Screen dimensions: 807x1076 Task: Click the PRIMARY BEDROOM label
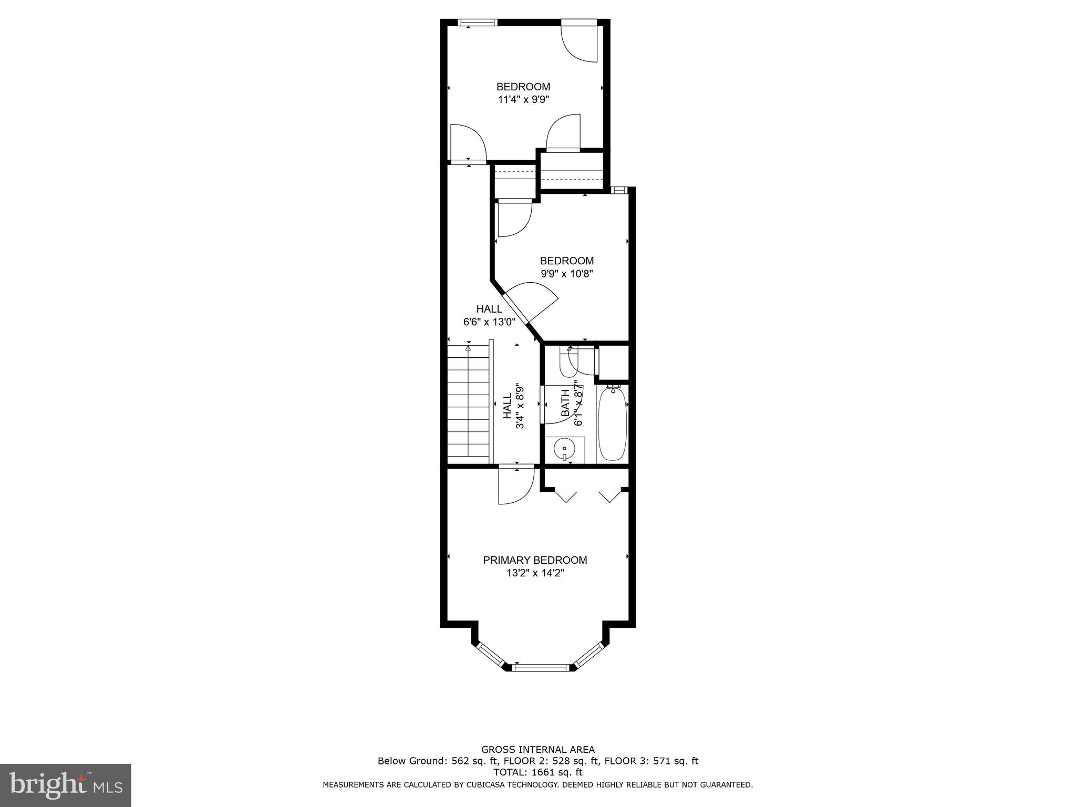tap(535, 560)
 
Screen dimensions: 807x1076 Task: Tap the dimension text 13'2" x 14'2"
tap(535, 573)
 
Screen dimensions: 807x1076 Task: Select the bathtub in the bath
tap(612, 423)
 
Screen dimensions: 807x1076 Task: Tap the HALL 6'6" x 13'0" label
tap(489, 316)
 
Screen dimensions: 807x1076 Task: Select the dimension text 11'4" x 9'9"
tap(523, 99)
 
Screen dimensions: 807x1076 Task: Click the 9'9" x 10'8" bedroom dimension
tap(567, 274)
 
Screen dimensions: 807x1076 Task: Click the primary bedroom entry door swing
tap(515, 486)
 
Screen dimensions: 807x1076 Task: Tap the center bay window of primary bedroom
tap(541, 667)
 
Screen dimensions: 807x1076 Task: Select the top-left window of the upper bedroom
tap(477, 22)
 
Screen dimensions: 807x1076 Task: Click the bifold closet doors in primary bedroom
tap(587, 495)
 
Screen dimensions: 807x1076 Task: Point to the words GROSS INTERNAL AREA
tap(538, 750)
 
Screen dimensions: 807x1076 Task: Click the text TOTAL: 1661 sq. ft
tap(538, 772)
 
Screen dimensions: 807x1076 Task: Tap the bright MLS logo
tap(66, 785)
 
